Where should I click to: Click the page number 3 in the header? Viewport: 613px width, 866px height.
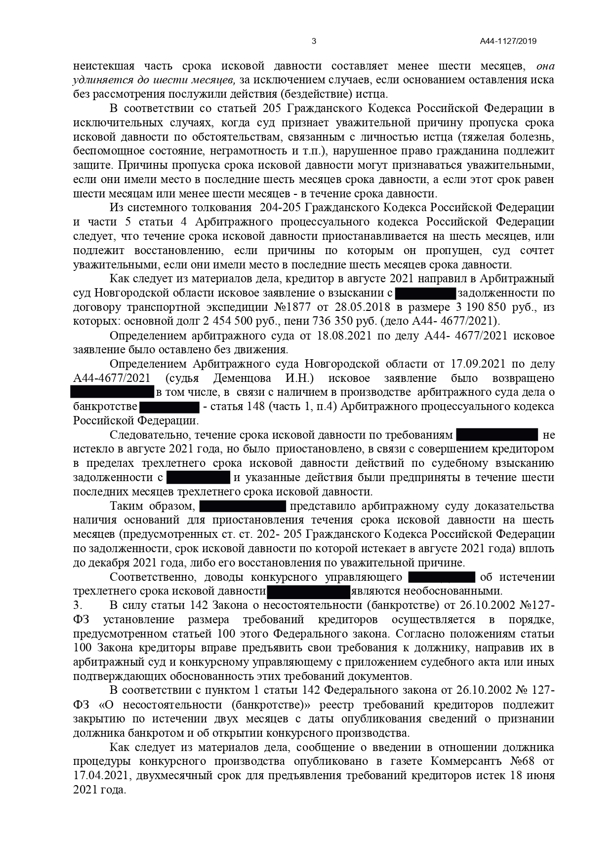pyautogui.click(x=314, y=41)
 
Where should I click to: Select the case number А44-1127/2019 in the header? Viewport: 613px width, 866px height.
pyautogui.click(x=508, y=41)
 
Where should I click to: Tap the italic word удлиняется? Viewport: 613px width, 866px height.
pyautogui.click(x=103, y=80)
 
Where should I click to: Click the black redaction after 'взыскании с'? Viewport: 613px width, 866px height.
pyautogui.click(x=425, y=294)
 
